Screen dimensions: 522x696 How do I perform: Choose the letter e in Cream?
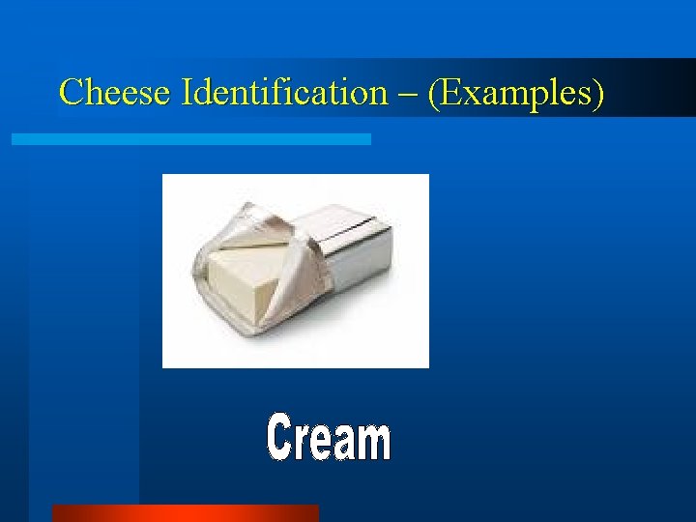[322, 443]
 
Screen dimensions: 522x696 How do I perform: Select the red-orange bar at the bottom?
[185, 512]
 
